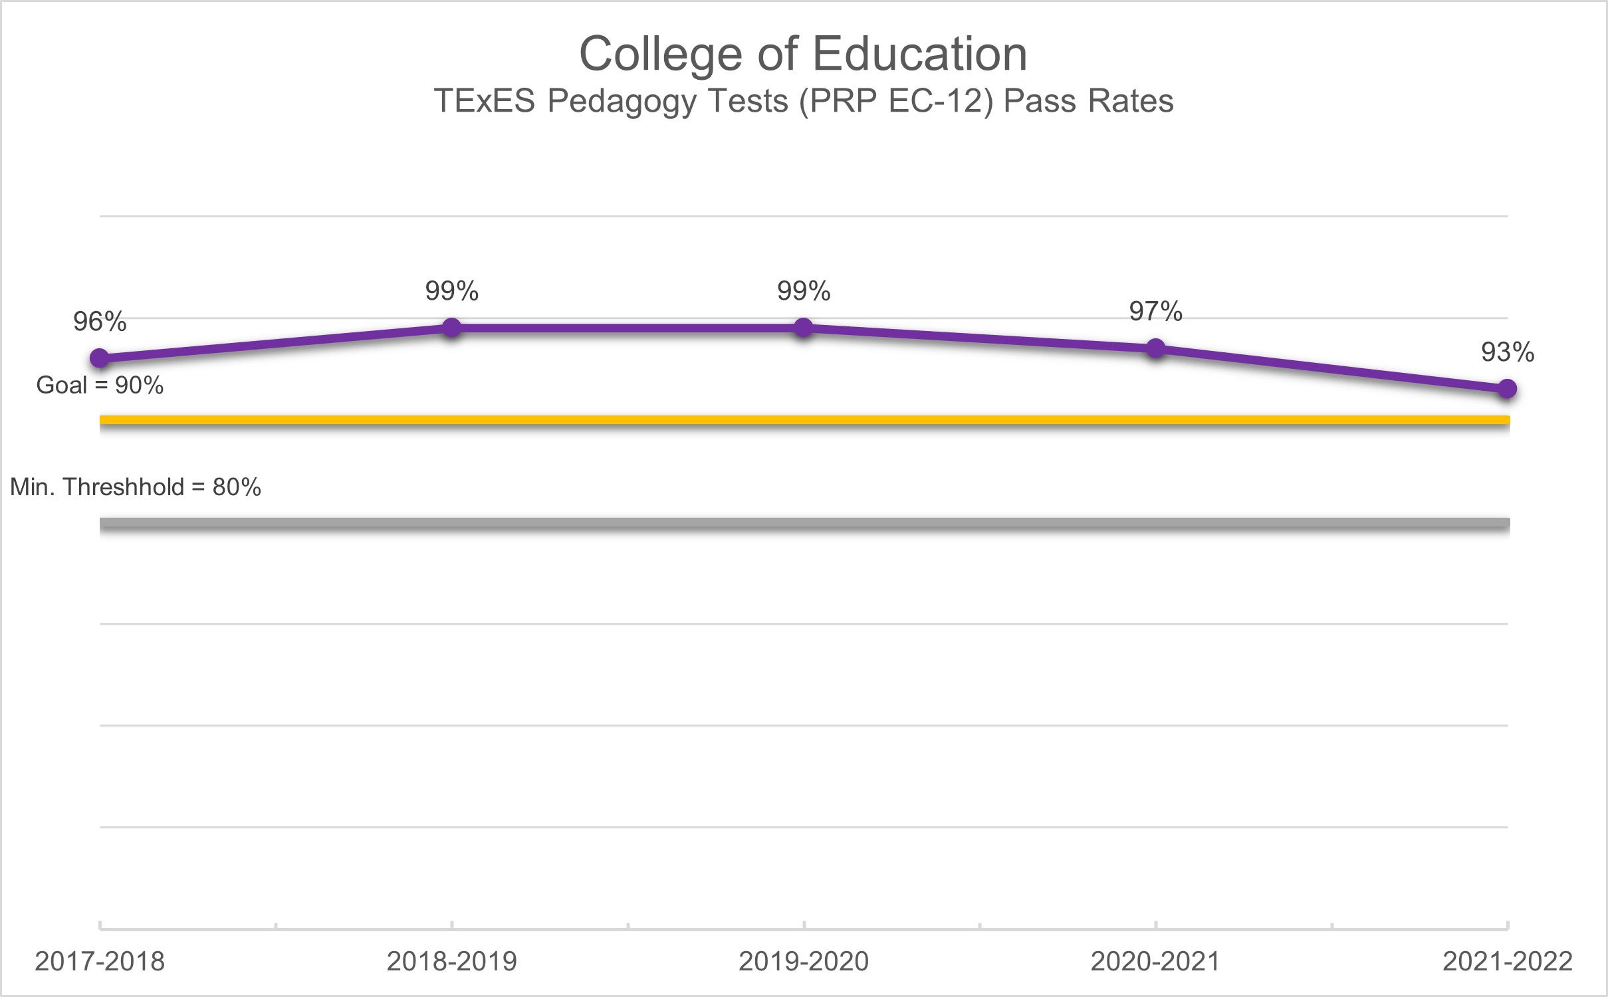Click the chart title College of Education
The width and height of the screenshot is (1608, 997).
pyautogui.click(x=803, y=54)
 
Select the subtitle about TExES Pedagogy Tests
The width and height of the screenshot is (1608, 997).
pyautogui.click(x=803, y=102)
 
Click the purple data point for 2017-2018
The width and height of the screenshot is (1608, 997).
pyautogui.click(x=100, y=358)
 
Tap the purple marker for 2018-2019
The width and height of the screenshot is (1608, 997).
pyautogui.click(x=452, y=328)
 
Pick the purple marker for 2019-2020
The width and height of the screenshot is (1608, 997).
pyautogui.click(x=804, y=328)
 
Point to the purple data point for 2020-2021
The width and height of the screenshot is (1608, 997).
pyautogui.click(x=1156, y=348)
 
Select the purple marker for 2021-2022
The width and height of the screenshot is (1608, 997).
pyautogui.click(x=1508, y=389)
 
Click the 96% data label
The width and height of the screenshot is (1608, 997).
pyautogui.click(x=100, y=322)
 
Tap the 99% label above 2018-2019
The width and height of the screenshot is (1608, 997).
pyautogui.click(x=452, y=291)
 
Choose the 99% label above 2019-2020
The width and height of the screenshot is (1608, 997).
pyautogui.click(x=804, y=291)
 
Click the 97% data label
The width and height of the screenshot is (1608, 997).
pyautogui.click(x=1156, y=312)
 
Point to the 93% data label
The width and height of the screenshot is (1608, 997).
pyautogui.click(x=1508, y=352)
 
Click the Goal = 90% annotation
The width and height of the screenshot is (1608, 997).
pyautogui.click(x=100, y=386)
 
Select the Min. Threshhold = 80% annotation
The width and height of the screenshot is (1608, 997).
pyautogui.click(x=136, y=487)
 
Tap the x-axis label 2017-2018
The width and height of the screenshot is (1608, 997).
pyautogui.click(x=100, y=962)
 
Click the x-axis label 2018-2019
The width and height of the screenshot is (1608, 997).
pyautogui.click(x=452, y=962)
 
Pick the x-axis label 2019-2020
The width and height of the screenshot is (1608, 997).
pyautogui.click(x=804, y=962)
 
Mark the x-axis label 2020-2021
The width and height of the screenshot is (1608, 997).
pyautogui.click(x=1156, y=962)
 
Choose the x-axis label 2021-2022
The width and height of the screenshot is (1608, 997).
pyautogui.click(x=1508, y=962)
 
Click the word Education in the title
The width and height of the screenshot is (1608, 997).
pyautogui.click(x=920, y=54)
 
